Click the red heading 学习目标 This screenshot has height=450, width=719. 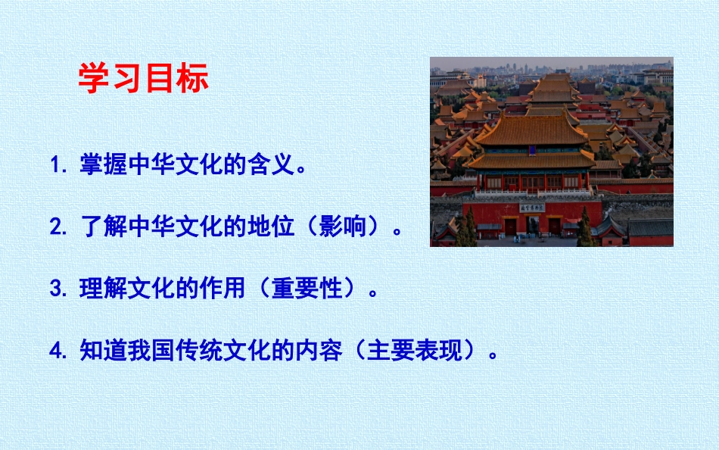143,78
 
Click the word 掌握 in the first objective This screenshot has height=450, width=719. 103,164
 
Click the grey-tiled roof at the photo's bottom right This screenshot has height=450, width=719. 649,227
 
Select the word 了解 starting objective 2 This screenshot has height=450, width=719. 103,227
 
